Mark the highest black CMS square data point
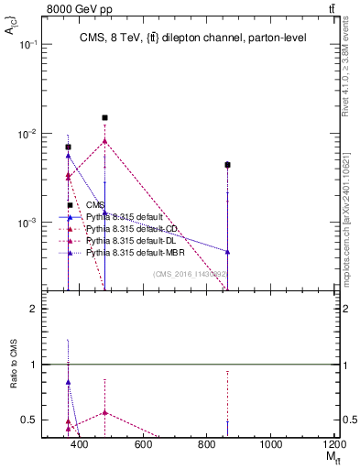(x=105, y=118)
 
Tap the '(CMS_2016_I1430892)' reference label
(x=189, y=274)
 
